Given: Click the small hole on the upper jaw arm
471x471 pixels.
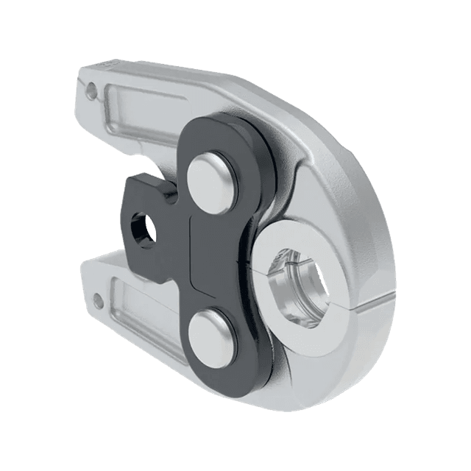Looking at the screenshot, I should tap(91, 90).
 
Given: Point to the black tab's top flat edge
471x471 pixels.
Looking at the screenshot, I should tap(147, 177).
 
